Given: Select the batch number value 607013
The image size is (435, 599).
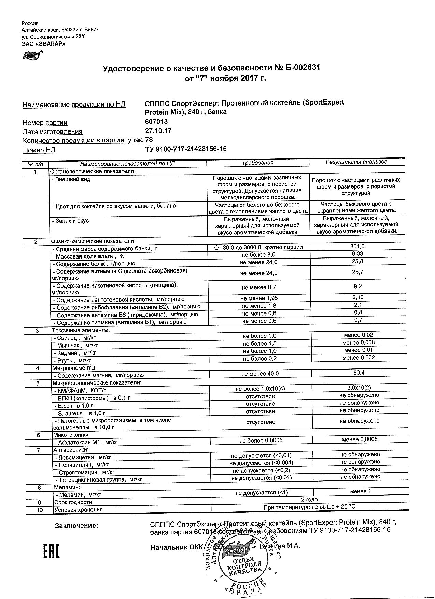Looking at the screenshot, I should tap(156, 122).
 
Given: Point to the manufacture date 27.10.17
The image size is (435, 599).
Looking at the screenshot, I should tap(158, 131).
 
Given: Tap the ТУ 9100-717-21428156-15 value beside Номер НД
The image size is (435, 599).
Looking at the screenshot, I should tap(186, 149).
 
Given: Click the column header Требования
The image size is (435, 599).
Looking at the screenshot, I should tap(258, 163).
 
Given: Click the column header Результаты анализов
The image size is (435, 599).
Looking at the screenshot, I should tap(356, 162).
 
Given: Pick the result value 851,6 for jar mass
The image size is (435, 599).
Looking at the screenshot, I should tap(357, 246).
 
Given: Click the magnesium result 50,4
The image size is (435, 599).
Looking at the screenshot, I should tap(359, 373).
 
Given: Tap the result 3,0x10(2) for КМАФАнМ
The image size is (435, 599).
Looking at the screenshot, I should tap(359, 388).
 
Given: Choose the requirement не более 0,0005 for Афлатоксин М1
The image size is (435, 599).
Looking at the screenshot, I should tap(261, 441).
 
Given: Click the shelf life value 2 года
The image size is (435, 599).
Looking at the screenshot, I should tap(310, 500).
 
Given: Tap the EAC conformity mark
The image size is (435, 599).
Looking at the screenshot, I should tap(51, 549).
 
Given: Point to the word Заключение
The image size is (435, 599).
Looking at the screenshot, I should tap(76, 526).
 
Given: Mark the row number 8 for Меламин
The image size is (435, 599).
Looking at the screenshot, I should tap(39, 487).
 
